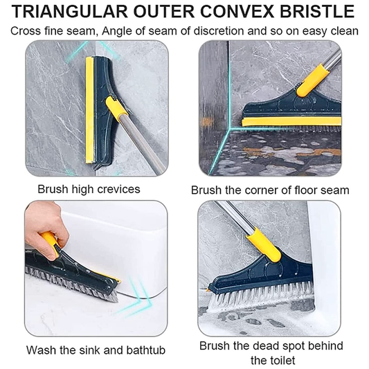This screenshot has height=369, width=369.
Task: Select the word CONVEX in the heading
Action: point(237,12)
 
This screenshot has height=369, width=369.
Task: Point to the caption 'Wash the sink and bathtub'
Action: point(96,350)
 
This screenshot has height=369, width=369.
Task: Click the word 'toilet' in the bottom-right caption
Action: point(273,360)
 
